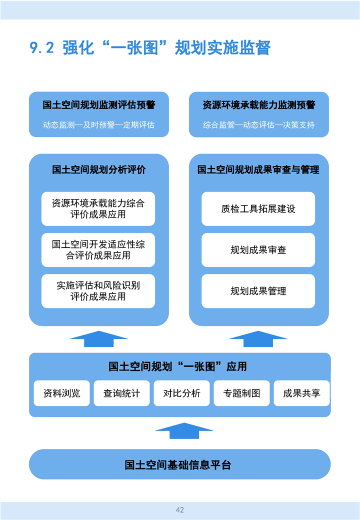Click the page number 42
click(x=180, y=509)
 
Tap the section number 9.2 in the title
click(x=42, y=48)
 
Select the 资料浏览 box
click(x=61, y=393)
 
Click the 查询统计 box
click(x=121, y=393)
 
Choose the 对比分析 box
click(x=181, y=393)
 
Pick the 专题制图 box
click(x=241, y=393)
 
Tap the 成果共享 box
click(x=301, y=393)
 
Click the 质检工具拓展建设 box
click(x=258, y=209)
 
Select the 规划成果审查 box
click(x=258, y=250)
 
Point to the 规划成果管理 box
click(x=258, y=291)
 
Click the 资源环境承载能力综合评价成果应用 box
click(x=98, y=209)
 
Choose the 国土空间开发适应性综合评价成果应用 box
click(x=98, y=250)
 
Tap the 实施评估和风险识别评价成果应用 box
click(x=98, y=291)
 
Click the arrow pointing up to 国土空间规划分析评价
click(x=99, y=339)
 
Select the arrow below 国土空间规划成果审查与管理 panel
click(x=258, y=339)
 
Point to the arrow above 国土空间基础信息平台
click(x=184, y=431)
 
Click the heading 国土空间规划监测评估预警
click(x=99, y=105)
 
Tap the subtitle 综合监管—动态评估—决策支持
click(x=259, y=125)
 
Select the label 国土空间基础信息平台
click(x=178, y=465)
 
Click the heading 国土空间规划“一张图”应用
click(x=177, y=366)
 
